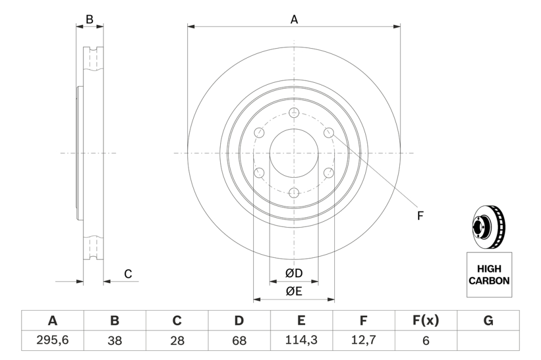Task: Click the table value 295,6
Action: [52, 341]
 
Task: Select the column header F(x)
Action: [425, 321]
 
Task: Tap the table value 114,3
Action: [301, 341]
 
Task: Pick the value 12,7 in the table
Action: [364, 341]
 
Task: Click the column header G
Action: [488, 321]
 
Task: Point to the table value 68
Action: [239, 341]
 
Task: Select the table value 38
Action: [115, 341]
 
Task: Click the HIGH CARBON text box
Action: [489, 275]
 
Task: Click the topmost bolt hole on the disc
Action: [294, 113]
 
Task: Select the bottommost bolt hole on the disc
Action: [294, 193]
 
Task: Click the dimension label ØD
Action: [294, 274]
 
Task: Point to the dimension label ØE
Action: [294, 291]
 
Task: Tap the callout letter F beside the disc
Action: [419, 216]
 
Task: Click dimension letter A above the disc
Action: [294, 19]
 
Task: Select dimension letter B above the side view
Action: [90, 19]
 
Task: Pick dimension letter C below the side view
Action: [128, 274]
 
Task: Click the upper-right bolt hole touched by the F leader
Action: [328, 133]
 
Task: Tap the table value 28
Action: [177, 341]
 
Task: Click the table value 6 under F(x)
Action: [425, 341]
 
